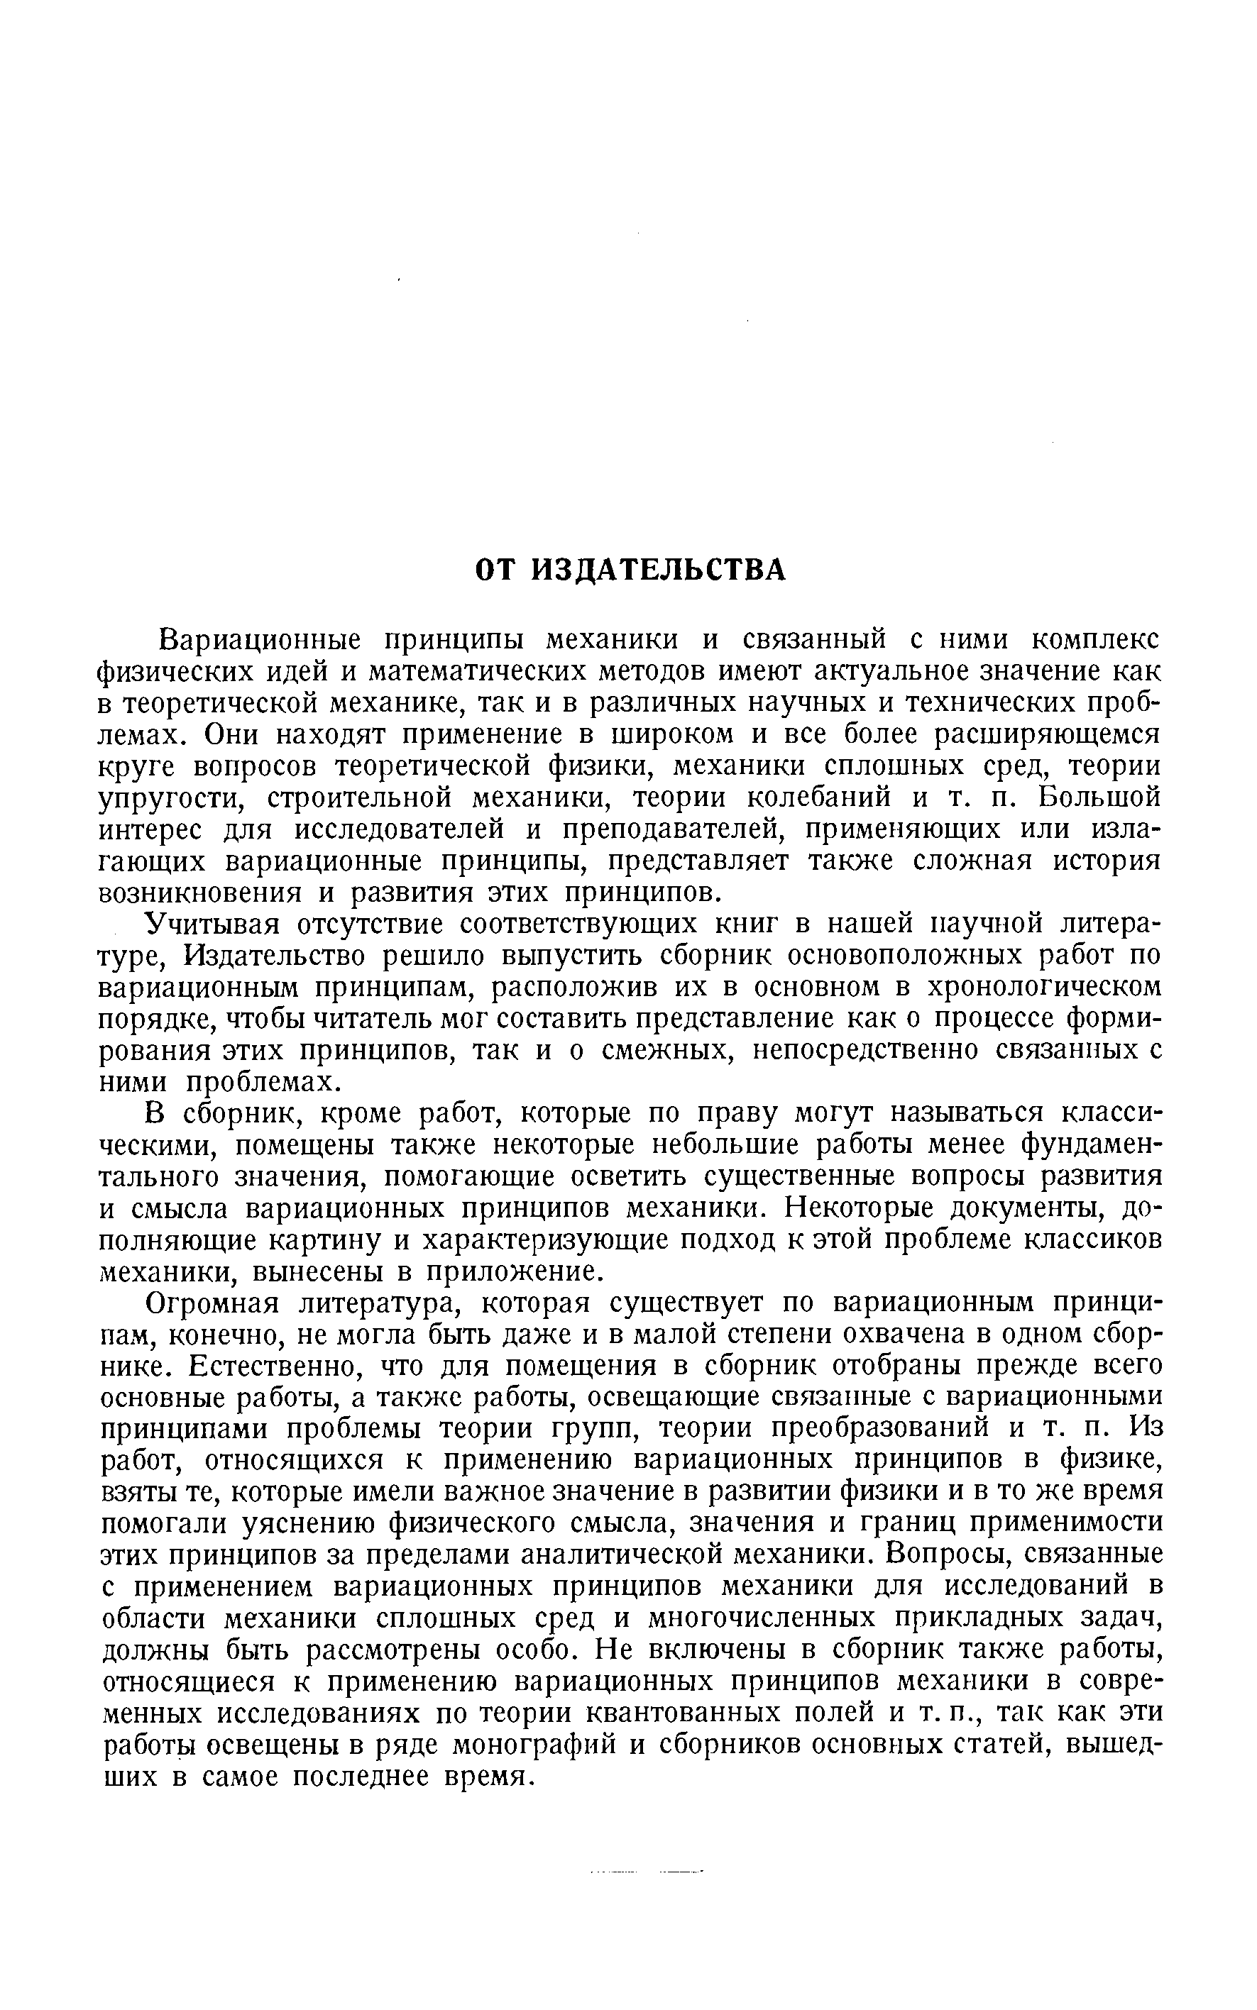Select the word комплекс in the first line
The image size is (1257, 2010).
(1095, 640)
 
